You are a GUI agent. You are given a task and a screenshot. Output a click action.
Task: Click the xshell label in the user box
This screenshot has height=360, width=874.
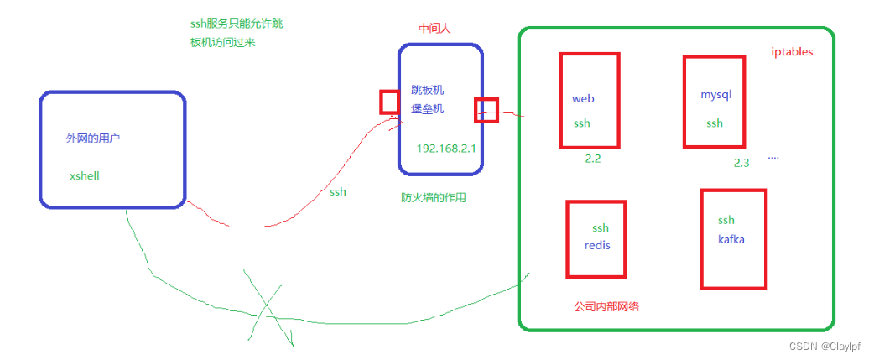pyautogui.click(x=86, y=176)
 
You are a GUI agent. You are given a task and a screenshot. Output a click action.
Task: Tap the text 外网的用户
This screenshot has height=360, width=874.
pyautogui.click(x=93, y=138)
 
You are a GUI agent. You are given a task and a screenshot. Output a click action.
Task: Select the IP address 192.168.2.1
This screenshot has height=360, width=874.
pyautogui.click(x=445, y=148)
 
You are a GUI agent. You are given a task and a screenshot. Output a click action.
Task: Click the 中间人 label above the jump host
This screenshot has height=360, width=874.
pyautogui.click(x=434, y=29)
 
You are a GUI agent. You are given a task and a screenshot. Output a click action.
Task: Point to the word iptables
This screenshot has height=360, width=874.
pyautogui.click(x=792, y=52)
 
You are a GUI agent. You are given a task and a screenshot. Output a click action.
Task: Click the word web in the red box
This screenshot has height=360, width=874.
pyautogui.click(x=583, y=98)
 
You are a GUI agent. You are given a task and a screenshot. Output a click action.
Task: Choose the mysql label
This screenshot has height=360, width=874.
pyautogui.click(x=716, y=94)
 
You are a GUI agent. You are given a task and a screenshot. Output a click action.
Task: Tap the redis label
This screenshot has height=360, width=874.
pyautogui.click(x=599, y=245)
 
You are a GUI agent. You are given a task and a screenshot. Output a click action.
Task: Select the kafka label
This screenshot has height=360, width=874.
pyautogui.click(x=731, y=239)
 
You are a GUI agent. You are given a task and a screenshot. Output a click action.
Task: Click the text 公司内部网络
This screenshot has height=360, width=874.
pyautogui.click(x=606, y=306)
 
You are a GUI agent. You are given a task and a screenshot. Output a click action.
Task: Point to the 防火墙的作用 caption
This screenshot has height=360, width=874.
pyautogui.click(x=433, y=198)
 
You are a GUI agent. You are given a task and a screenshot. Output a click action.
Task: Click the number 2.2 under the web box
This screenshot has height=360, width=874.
pyautogui.click(x=593, y=158)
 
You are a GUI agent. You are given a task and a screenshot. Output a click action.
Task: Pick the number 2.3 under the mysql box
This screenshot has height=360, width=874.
pyautogui.click(x=741, y=163)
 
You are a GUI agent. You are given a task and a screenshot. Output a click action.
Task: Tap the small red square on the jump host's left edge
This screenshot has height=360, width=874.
pyautogui.click(x=389, y=102)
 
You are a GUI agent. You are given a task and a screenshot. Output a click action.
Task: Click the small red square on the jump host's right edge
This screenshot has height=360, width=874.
pyautogui.click(x=486, y=110)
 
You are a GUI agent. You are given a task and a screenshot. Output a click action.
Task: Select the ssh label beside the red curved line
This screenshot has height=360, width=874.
pyautogui.click(x=337, y=192)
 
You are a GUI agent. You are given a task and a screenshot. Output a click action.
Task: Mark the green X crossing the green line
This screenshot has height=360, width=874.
pyautogui.click(x=268, y=310)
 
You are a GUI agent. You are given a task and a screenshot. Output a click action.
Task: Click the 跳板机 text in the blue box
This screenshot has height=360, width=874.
pyautogui.click(x=427, y=90)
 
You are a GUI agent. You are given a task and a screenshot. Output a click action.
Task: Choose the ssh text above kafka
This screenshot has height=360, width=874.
pyautogui.click(x=726, y=220)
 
